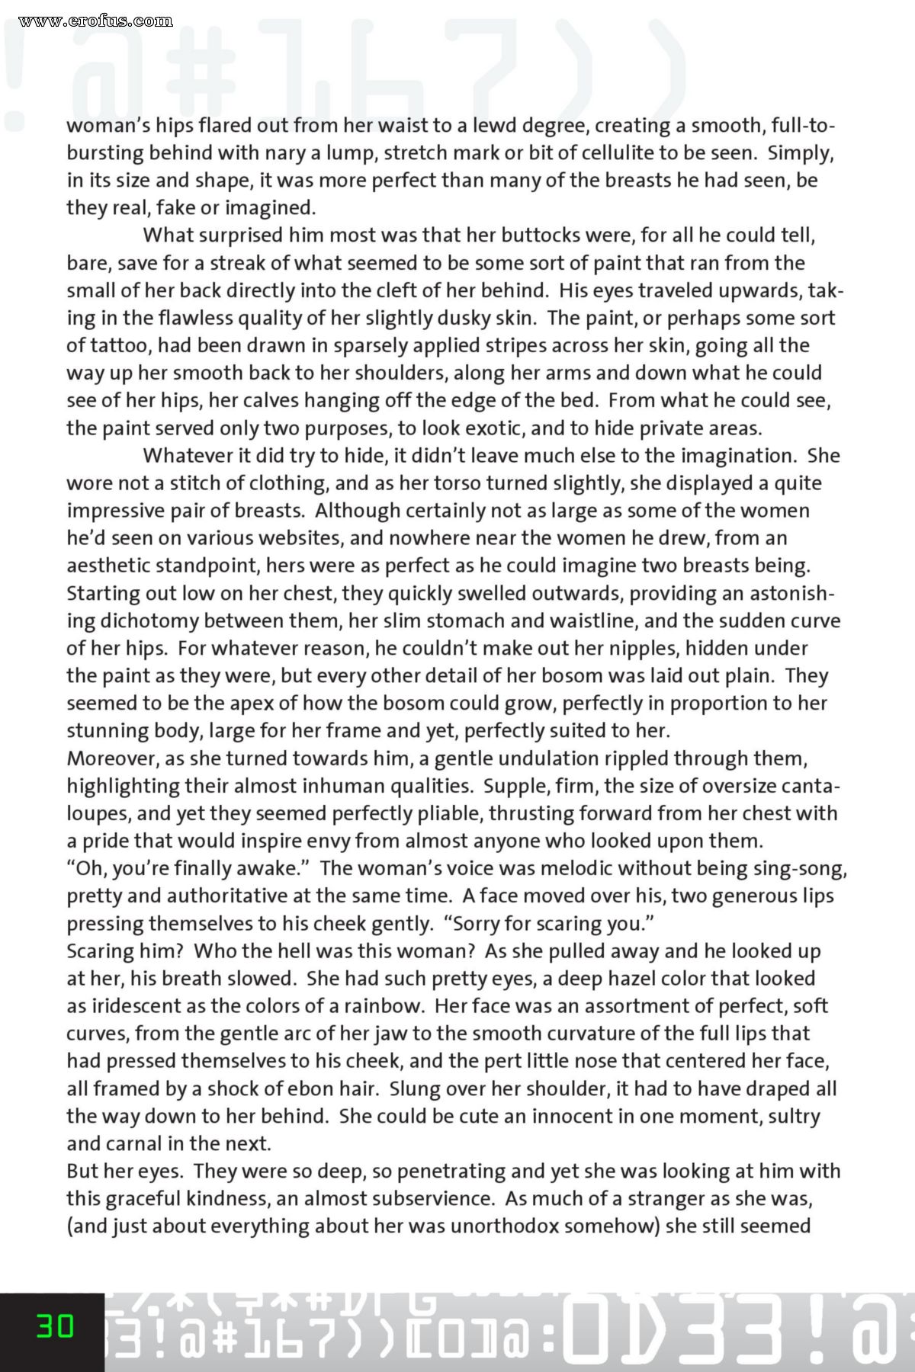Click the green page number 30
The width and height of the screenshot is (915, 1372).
[x=56, y=1327]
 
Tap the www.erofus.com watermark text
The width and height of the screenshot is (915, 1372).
[x=96, y=20]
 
